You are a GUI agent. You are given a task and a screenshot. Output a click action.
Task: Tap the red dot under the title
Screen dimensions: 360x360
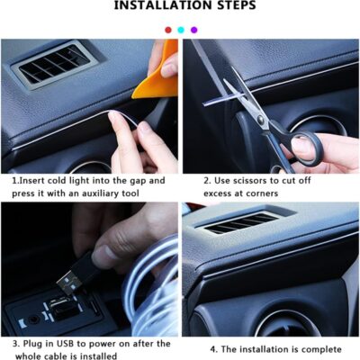coord(167,30)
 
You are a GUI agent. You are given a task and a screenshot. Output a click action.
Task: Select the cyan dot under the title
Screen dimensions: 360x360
coord(180,30)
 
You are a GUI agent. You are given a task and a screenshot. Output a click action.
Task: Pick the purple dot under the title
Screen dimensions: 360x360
coord(193,30)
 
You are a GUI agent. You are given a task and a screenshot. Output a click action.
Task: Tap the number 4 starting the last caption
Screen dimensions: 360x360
coord(213,348)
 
